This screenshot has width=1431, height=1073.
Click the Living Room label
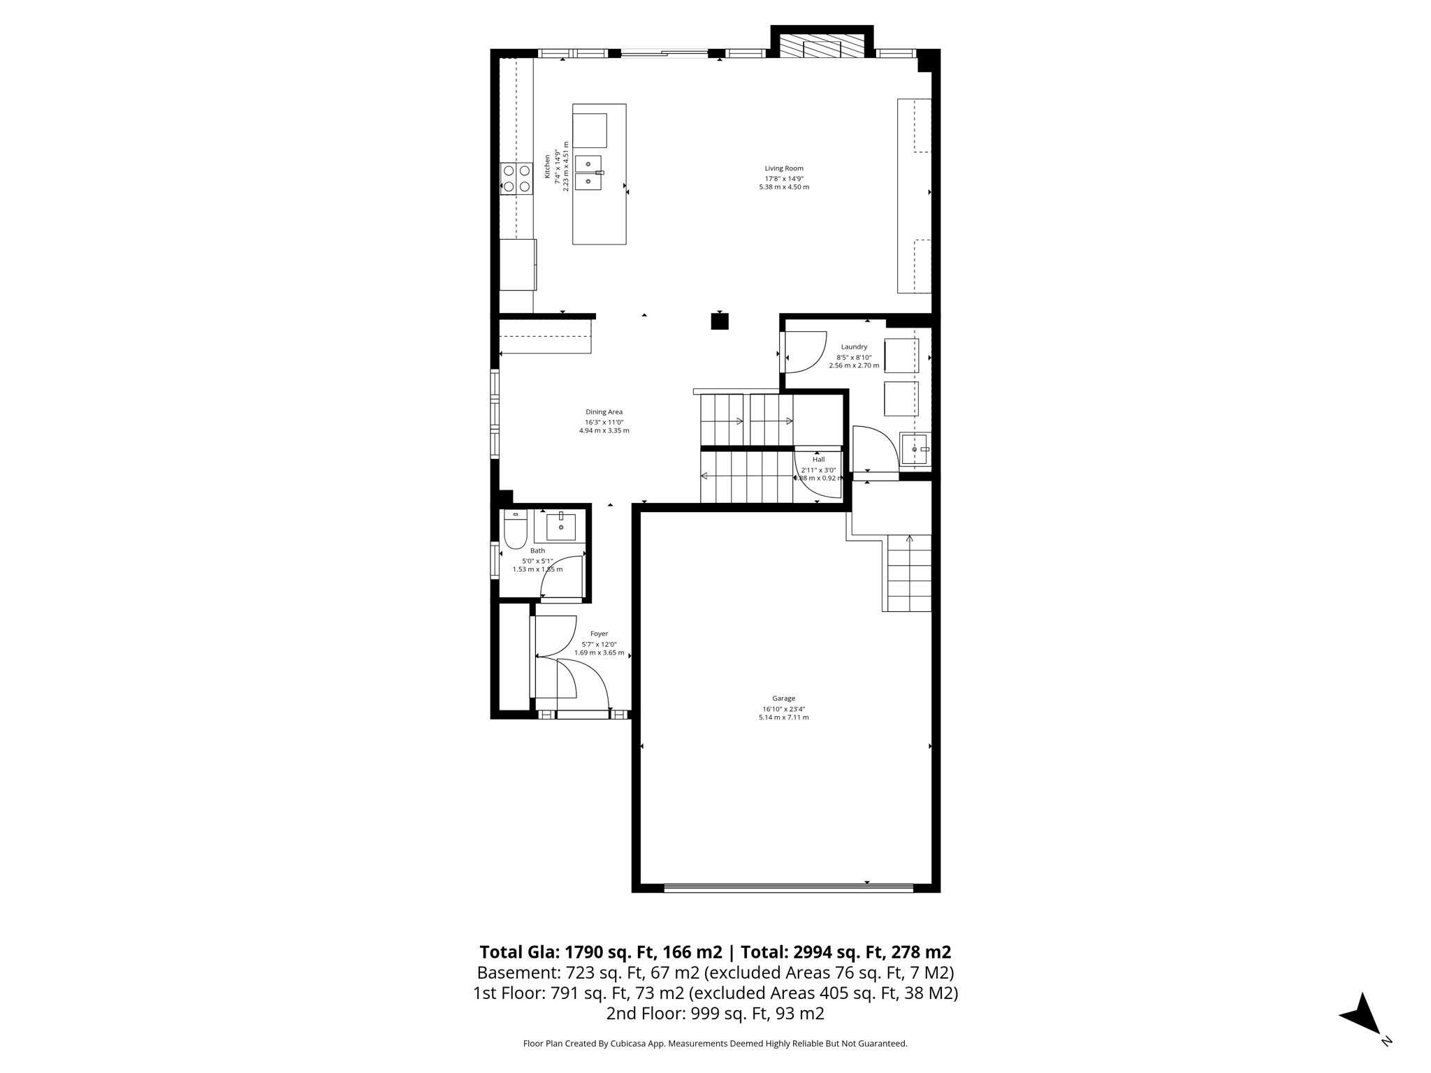784,168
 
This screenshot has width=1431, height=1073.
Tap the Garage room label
783,699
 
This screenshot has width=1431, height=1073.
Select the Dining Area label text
604,412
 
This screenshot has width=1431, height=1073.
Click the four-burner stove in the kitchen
516,178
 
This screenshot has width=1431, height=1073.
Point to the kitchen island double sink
588,173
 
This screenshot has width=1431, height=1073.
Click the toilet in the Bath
516,532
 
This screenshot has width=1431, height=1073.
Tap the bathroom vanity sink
560,527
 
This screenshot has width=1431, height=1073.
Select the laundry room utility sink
915,449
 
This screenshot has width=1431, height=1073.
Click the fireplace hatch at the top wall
822,48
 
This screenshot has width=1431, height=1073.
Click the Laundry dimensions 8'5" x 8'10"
854,357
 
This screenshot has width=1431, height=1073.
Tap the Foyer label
599,634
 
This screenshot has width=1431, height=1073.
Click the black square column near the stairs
720,321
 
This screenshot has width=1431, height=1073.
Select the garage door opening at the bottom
788,889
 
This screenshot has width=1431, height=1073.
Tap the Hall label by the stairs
818,460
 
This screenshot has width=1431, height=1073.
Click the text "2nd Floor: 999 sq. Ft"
715,1014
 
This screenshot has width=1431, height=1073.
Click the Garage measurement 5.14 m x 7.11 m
783,717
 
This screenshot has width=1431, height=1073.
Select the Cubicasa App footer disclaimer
715,1044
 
